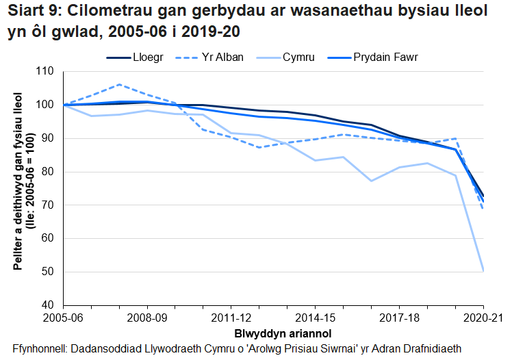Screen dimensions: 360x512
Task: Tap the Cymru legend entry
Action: [x=300, y=57]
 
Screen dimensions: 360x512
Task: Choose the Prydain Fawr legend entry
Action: [x=385, y=57]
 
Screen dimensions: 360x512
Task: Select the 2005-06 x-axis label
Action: [x=63, y=319]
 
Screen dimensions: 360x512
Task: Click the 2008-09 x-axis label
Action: [x=147, y=319]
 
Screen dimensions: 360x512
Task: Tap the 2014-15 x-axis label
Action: [x=316, y=319]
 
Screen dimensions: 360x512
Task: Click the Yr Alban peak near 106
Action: [x=119, y=85]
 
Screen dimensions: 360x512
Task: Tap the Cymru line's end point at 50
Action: [x=483, y=271]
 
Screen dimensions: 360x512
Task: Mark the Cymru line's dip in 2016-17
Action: [x=371, y=181]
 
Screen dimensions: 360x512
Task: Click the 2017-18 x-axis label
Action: [x=399, y=319]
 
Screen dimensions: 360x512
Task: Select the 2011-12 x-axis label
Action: [x=231, y=319]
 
